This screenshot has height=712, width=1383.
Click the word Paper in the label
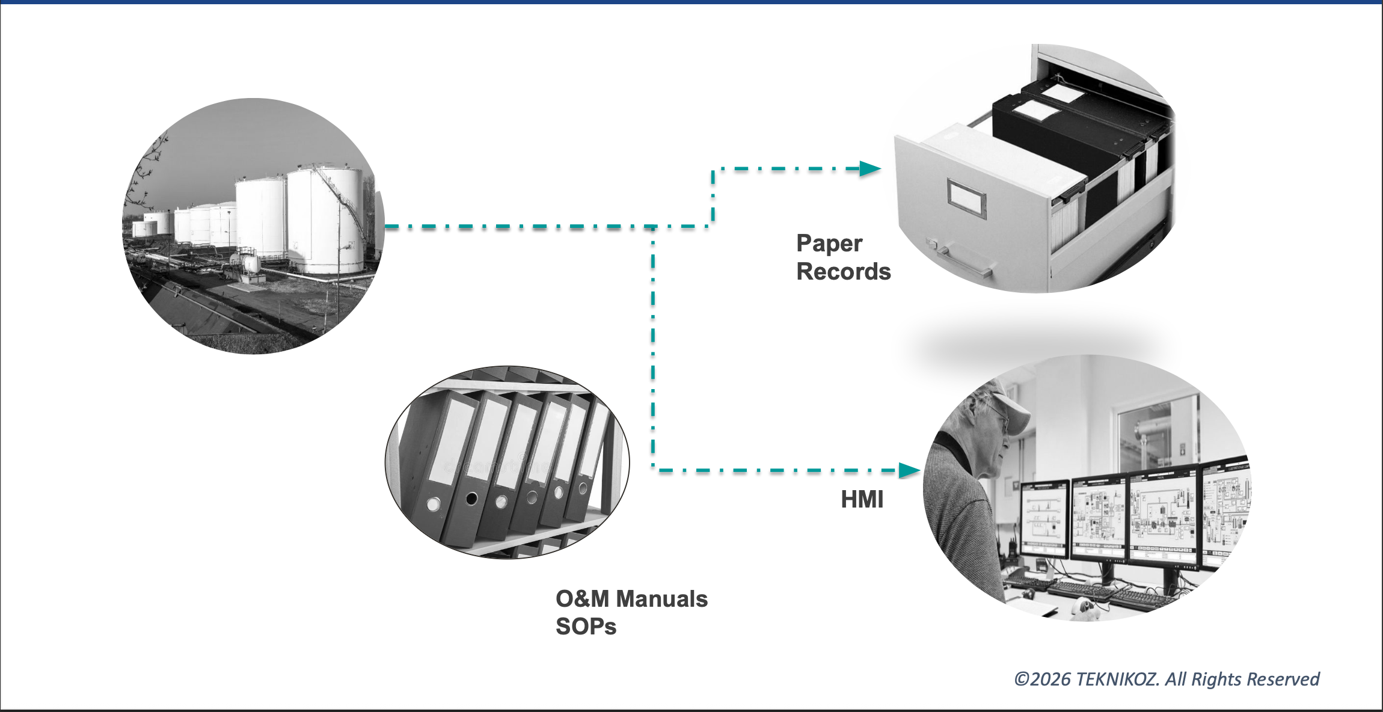829,244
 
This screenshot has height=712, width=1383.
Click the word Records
843,272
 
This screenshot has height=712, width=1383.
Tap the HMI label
862,500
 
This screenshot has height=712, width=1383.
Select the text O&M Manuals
631,599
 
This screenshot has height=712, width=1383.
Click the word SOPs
586,627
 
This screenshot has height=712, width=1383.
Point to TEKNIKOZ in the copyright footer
1117,679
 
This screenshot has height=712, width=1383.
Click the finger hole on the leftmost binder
433,504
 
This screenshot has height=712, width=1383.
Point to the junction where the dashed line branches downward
652,227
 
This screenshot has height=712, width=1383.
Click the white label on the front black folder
1035,111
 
